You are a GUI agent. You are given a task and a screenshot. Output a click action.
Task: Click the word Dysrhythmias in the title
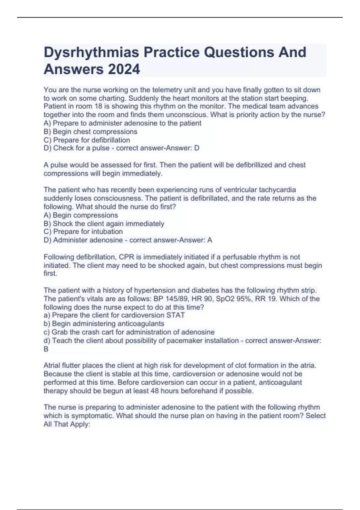coord(91,52)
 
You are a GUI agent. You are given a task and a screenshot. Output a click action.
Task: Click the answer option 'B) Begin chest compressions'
coord(90,132)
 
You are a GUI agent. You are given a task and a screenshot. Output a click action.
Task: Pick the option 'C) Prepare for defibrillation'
coord(87,140)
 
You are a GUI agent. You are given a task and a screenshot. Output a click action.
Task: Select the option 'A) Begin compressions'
coord(81,215)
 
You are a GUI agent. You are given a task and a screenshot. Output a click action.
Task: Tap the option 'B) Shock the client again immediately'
coord(104,224)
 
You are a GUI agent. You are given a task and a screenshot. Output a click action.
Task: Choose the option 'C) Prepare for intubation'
coord(83,232)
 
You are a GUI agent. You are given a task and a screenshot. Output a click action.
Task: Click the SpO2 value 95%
coord(246,299)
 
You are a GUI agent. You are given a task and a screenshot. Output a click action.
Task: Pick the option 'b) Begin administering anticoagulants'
coord(104,324)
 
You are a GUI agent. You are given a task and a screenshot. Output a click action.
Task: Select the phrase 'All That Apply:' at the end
coord(67,424)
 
